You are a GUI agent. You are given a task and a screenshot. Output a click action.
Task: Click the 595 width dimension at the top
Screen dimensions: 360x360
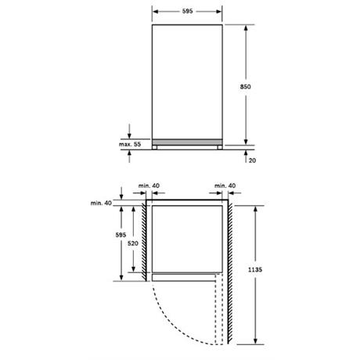[x=187, y=11]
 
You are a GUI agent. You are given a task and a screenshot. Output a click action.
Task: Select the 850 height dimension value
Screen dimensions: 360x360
[x=245, y=87]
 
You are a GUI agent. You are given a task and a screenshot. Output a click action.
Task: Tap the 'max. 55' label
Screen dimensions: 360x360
[x=130, y=144]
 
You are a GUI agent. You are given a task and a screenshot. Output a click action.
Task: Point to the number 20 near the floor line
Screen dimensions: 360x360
[x=252, y=160]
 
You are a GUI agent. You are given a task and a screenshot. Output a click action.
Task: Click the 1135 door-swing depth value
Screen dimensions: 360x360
[x=255, y=270]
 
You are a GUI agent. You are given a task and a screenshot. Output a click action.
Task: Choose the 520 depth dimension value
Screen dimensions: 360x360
[x=133, y=243]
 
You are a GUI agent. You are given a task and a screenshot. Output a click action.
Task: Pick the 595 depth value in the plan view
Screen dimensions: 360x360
[x=121, y=235]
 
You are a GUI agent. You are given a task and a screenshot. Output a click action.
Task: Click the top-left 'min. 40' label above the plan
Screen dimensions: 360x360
[x=149, y=185]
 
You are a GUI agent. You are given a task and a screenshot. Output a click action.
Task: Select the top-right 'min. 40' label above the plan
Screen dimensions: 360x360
[x=225, y=185]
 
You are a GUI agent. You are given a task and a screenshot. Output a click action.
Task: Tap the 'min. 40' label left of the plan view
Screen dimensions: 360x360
[x=101, y=203]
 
